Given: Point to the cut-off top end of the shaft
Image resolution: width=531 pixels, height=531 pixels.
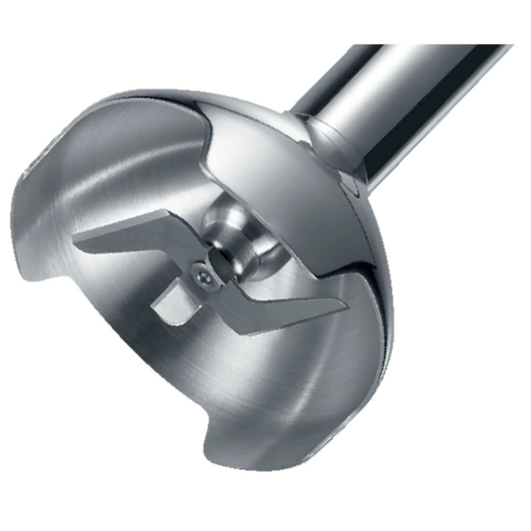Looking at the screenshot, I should click(x=476, y=50).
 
